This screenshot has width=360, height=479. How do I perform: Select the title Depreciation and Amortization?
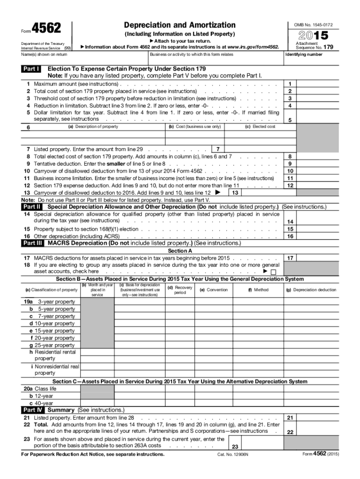click(180, 25)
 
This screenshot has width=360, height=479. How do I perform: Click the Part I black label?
click(31, 69)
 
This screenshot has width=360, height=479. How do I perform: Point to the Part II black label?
click(32, 207)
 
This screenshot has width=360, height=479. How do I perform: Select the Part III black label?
click(33, 243)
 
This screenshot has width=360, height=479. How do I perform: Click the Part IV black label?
click(33, 410)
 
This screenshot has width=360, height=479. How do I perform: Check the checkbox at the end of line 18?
click(274, 272)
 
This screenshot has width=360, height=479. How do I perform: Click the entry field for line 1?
click(317, 84)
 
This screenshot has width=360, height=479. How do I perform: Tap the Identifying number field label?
click(303, 55)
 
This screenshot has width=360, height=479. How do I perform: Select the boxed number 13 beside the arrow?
click(236, 193)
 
